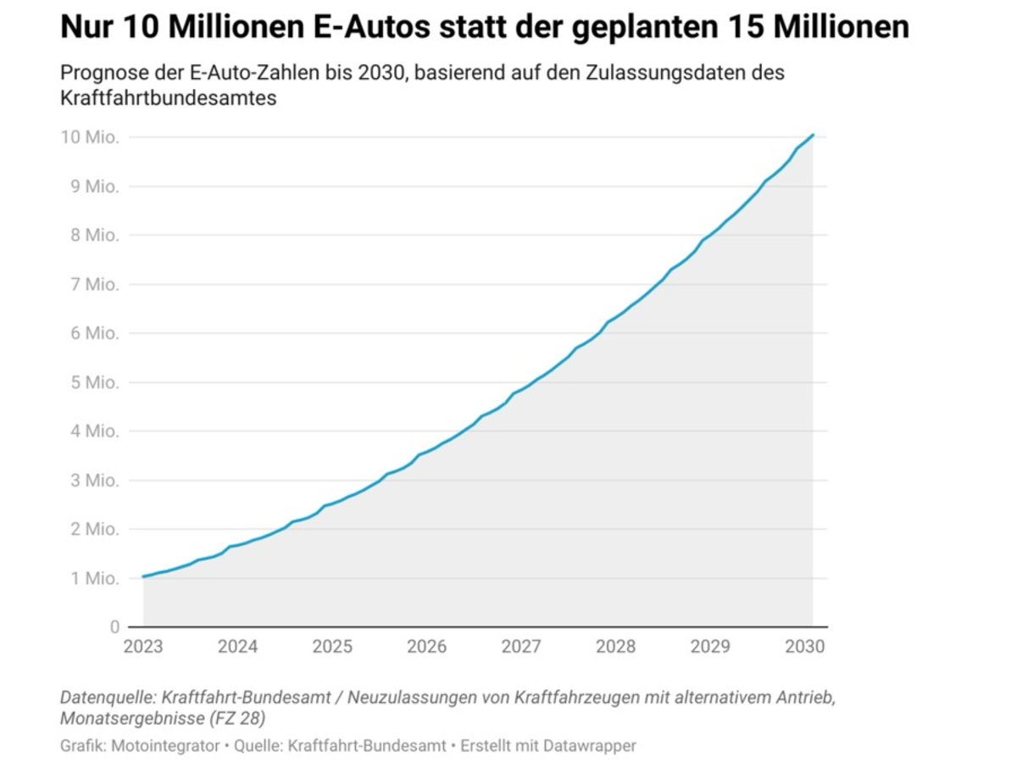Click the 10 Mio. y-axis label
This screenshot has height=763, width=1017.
(89, 137)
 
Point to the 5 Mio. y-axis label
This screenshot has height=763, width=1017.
(92, 382)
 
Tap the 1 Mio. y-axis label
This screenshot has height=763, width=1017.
(92, 579)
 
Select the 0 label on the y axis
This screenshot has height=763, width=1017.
(114, 627)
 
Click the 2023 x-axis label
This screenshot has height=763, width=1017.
(143, 647)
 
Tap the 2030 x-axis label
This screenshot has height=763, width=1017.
(804, 647)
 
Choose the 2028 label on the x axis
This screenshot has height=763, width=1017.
(615, 647)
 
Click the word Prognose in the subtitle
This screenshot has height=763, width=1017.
(99, 73)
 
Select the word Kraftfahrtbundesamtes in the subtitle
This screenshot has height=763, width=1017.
(169, 98)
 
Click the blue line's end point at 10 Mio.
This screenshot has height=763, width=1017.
(813, 135)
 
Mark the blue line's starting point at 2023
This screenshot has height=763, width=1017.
(143, 576)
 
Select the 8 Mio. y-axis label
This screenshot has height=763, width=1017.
(92, 236)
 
